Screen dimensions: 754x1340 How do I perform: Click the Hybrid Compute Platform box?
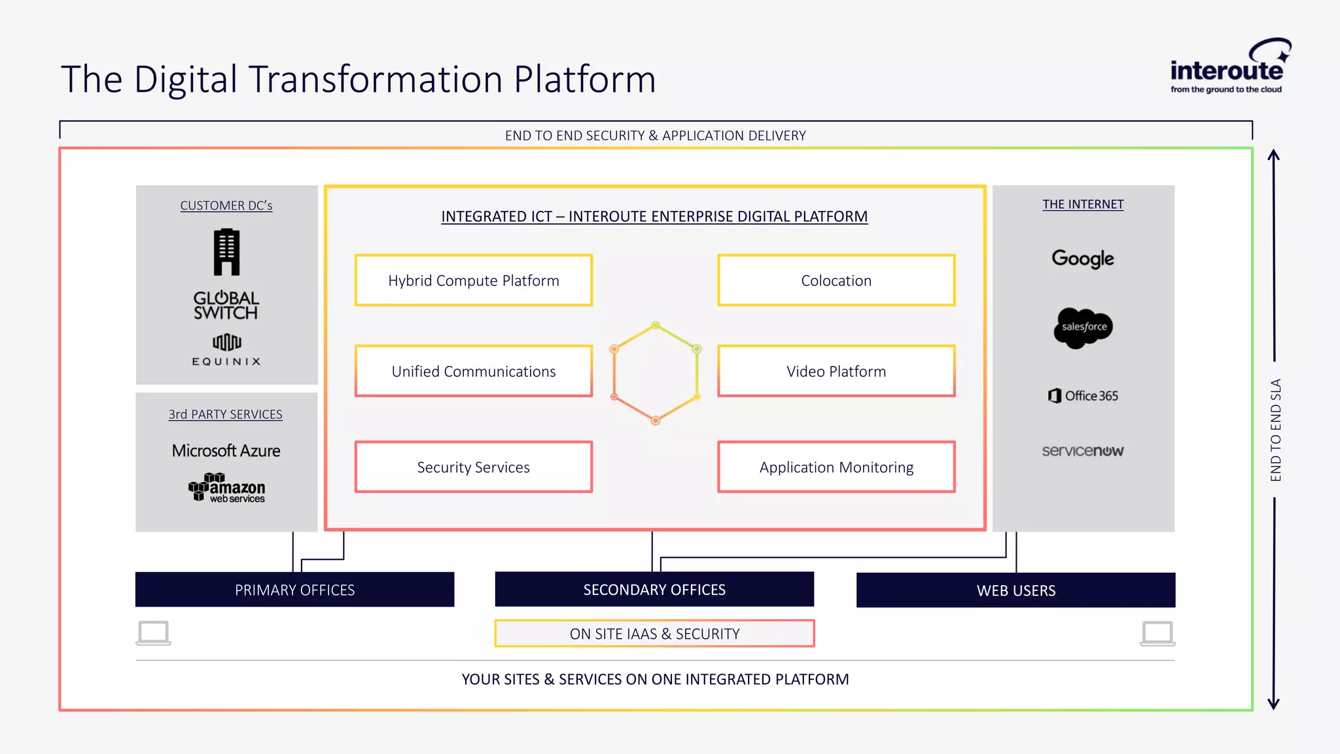tap(474, 280)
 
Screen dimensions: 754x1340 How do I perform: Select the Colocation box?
tap(836, 280)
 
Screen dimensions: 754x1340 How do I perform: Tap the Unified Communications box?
tap(474, 371)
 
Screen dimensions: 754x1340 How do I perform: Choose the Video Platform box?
tap(836, 371)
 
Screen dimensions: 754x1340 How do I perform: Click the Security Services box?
tap(474, 467)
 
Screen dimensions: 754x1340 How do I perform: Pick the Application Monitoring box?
tap(836, 467)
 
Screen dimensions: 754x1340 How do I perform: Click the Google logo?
tap(1083, 259)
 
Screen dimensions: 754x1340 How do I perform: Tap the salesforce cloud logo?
tap(1083, 327)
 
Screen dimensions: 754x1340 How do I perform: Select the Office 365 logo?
tap(1083, 396)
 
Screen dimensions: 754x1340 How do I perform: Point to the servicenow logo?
tap(1083, 451)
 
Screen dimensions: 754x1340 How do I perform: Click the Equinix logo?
tap(226, 350)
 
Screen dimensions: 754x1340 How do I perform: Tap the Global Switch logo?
tap(226, 305)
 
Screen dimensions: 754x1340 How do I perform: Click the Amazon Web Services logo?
tap(226, 488)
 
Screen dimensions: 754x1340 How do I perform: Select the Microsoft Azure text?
tap(226, 451)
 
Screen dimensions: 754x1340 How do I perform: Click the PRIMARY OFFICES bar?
tap(294, 590)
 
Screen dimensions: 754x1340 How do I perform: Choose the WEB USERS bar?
tap(1015, 590)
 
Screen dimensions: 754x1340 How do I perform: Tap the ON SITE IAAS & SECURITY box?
tap(654, 634)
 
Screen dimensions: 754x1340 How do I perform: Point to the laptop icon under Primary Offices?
tap(154, 633)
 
